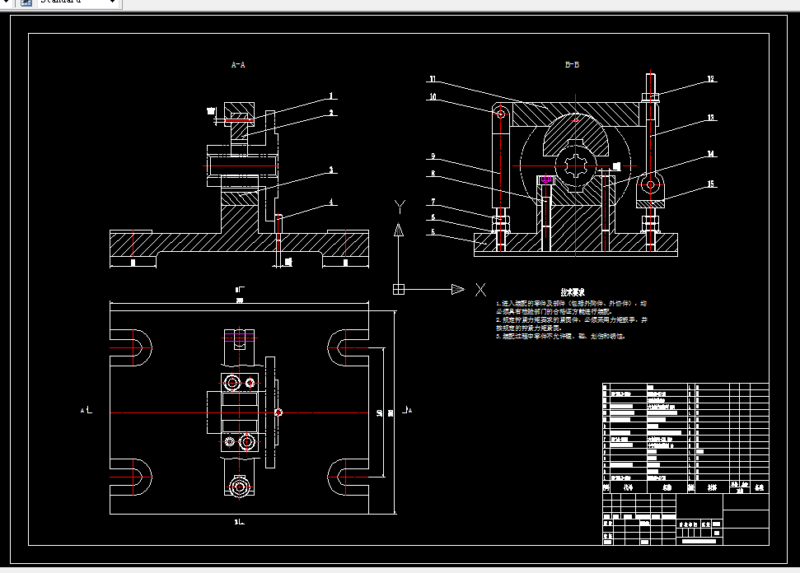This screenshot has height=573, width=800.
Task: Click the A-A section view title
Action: click(238, 63)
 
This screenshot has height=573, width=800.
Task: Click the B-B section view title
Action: click(572, 63)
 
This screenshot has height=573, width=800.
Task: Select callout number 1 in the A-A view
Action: click(331, 95)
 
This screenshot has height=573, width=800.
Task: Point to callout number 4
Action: click(332, 202)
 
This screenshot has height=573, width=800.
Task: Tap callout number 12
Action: click(709, 80)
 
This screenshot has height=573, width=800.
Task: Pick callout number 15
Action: click(709, 184)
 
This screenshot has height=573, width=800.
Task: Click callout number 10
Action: click(432, 97)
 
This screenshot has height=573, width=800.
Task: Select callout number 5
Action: click(432, 233)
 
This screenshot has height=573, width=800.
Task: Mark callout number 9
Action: click(432, 156)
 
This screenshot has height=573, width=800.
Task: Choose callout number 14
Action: click(709, 154)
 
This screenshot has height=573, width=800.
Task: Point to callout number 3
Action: click(331, 170)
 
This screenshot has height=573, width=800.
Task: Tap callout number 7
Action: click(432, 202)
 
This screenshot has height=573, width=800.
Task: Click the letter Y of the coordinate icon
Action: click(400, 205)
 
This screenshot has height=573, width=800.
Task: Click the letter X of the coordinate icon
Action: click(480, 289)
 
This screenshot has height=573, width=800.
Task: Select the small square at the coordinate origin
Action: click(399, 289)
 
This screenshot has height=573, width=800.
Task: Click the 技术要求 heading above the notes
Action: click(573, 292)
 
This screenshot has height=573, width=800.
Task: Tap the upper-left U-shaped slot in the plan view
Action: click(133, 347)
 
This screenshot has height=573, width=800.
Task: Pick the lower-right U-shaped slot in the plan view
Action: click(347, 477)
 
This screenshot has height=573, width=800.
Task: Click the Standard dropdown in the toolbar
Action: click(77, 2)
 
